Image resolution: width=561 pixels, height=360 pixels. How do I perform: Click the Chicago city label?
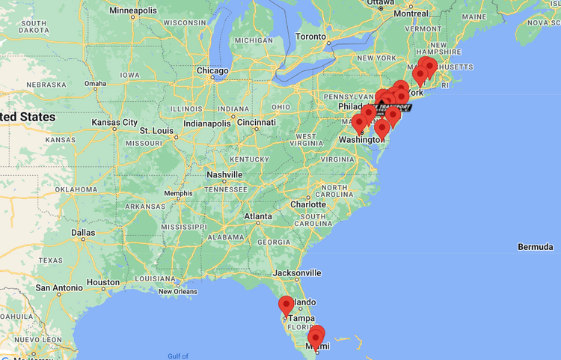pyautogui.click(x=212, y=70)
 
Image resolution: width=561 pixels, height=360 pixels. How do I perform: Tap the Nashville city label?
pyautogui.click(x=224, y=174)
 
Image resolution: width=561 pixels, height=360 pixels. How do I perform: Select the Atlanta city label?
pyautogui.click(x=257, y=217)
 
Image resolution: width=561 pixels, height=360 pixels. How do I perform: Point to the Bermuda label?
pyautogui.click(x=535, y=247)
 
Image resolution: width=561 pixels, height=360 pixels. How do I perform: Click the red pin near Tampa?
pyautogui.click(x=286, y=306)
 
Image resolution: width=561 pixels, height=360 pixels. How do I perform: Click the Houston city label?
pyautogui.click(x=102, y=282)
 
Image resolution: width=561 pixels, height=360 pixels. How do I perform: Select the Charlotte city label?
pyautogui.click(x=307, y=204)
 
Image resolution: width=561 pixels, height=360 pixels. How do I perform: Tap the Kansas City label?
pyautogui.click(x=114, y=122)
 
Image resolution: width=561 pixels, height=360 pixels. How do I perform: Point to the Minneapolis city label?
pyautogui.click(x=133, y=10)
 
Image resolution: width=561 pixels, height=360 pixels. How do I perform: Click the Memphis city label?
pyautogui.click(x=178, y=193)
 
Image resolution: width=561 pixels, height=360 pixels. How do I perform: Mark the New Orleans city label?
pyautogui.click(x=177, y=291)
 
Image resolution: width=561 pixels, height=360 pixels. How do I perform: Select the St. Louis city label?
pyautogui.click(x=157, y=130)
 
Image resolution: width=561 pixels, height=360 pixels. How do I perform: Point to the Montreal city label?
pyautogui.click(x=411, y=13)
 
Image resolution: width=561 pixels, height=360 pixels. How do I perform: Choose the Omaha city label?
pyautogui.click(x=95, y=83)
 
